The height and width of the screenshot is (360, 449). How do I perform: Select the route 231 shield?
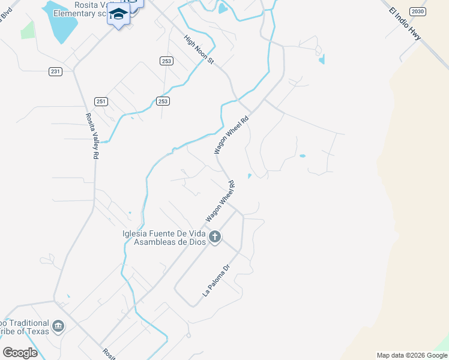click(x=56, y=71)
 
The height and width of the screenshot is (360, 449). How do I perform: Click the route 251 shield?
click(x=101, y=101)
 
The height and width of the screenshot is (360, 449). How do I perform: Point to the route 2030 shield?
click(x=418, y=11)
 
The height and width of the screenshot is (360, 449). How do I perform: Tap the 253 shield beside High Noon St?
click(x=167, y=61)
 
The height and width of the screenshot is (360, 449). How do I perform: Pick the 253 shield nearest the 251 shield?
click(x=163, y=101)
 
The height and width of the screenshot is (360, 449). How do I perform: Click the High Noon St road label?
click(x=199, y=49)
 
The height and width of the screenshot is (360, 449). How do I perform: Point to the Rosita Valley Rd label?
click(x=92, y=136)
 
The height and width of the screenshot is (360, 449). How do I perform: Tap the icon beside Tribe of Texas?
click(x=58, y=326)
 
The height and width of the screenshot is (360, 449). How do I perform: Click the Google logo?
click(x=20, y=352)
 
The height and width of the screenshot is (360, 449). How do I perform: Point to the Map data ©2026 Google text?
click(x=412, y=355)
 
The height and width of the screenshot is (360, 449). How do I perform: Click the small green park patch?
click(x=28, y=29)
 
